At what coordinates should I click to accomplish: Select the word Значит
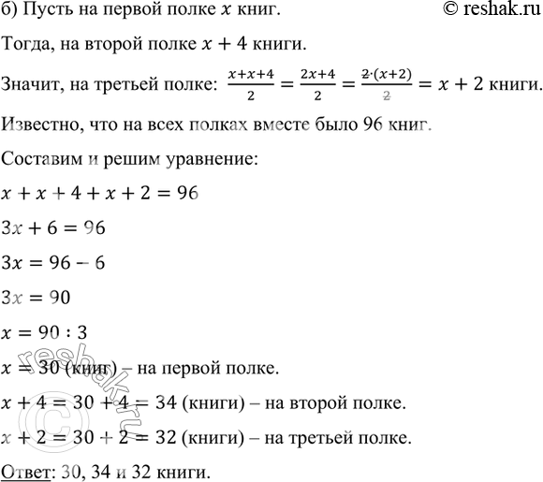point(32,83)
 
